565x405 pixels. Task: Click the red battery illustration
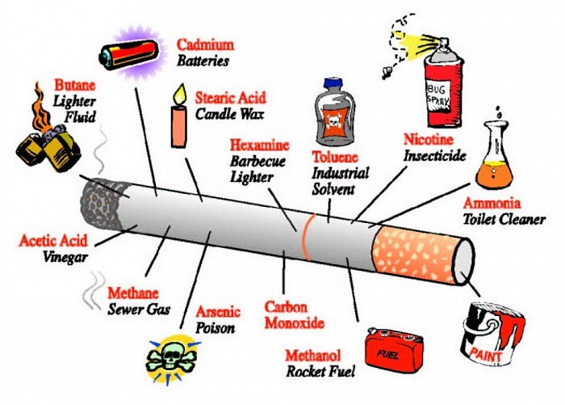tap(130, 54)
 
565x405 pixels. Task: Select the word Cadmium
tap(205, 44)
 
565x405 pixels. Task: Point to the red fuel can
tap(394, 352)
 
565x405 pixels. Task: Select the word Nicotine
tap(429, 139)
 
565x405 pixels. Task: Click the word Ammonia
tap(492, 203)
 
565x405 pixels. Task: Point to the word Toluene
tap(335, 157)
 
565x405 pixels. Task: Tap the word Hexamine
tap(259, 146)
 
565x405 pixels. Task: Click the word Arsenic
tap(218, 311)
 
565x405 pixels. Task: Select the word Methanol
tap(313, 356)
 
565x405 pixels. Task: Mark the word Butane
tap(75, 85)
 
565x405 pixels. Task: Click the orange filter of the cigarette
tap(414, 253)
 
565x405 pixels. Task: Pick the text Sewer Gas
tap(139, 310)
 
